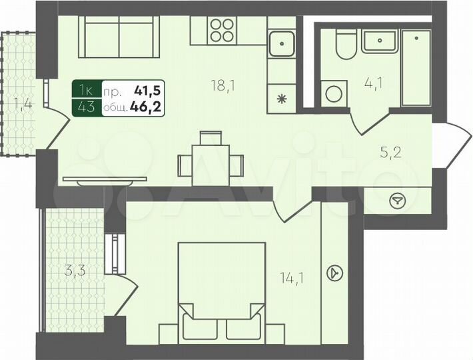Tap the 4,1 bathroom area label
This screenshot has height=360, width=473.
coord(372,85)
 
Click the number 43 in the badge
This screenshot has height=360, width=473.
coord(86,105)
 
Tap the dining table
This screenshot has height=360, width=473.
coord(210,160)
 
